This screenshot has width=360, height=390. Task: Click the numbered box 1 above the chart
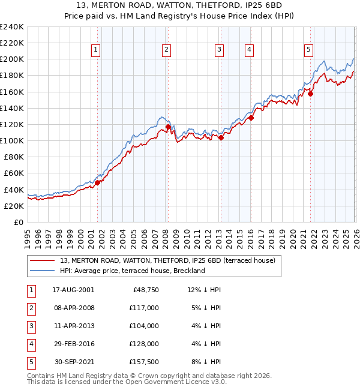(96, 50)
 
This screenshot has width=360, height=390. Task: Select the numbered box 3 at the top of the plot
(220, 50)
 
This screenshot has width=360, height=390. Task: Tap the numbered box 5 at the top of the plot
(308, 50)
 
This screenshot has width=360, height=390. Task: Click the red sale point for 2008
(168, 127)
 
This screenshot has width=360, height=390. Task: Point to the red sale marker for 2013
(221, 137)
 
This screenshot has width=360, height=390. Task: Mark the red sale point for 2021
(311, 94)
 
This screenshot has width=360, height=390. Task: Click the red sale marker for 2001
(97, 182)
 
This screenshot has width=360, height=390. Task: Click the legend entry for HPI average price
(133, 271)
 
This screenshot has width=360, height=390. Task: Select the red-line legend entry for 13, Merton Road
(167, 260)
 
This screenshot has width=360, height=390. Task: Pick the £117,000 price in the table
(144, 308)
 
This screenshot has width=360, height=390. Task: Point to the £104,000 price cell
(144, 326)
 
